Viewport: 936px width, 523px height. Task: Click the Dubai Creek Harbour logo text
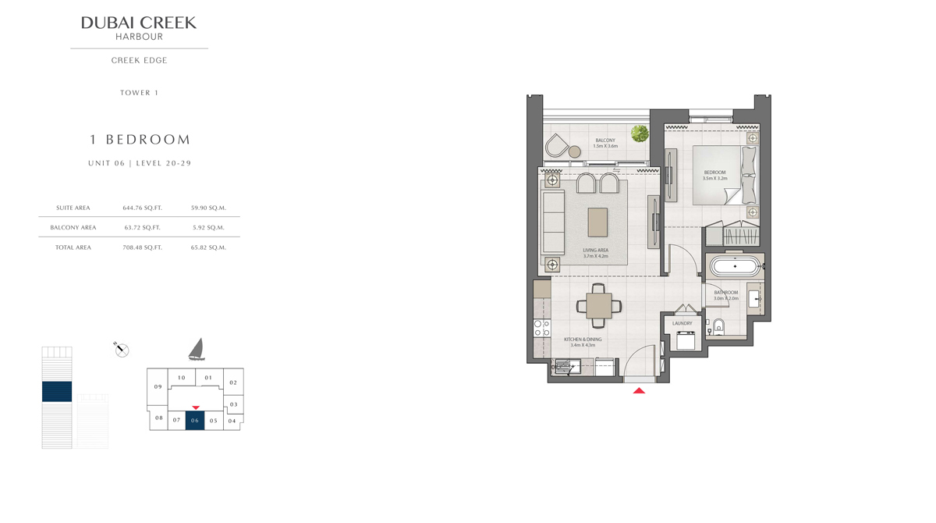tap(139, 28)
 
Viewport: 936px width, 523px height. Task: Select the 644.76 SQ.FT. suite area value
tap(142, 208)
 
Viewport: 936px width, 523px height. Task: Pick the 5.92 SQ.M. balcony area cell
tap(208, 227)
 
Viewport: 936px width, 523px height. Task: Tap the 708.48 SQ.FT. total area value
tap(142, 247)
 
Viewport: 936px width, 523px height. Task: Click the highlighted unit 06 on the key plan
tap(195, 421)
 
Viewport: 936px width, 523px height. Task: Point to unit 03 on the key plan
tap(233, 404)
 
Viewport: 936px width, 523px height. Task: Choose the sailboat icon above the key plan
tap(197, 350)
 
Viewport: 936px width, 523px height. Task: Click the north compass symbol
tap(121, 350)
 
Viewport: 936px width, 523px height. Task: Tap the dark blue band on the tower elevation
tap(57, 391)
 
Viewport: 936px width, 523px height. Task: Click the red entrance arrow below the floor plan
tap(639, 391)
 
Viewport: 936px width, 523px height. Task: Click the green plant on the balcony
tap(640, 133)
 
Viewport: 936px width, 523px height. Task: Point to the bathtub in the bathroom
tap(736, 266)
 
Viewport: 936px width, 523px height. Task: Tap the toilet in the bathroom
tap(718, 326)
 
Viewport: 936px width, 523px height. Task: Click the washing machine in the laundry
tap(686, 340)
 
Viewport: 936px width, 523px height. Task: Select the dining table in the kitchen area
tap(598, 306)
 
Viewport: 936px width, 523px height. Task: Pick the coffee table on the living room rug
tap(597, 222)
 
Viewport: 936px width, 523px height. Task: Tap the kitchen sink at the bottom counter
tap(565, 367)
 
